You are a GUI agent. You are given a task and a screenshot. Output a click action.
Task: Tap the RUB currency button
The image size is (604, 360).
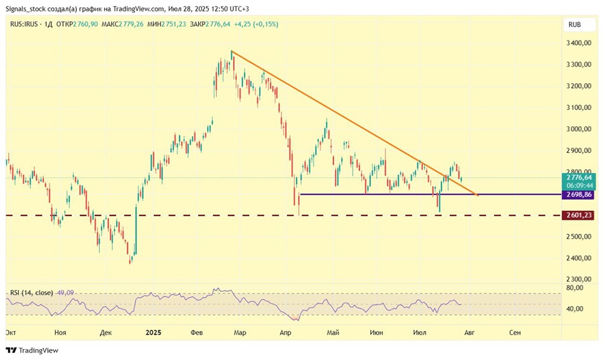(575, 25)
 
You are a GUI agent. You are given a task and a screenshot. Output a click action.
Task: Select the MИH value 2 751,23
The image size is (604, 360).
(204, 24)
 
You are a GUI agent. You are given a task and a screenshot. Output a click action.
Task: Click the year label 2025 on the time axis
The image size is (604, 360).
(153, 332)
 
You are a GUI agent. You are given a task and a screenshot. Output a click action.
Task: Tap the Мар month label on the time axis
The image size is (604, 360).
(240, 332)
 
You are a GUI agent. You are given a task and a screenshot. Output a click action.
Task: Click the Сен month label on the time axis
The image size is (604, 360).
(515, 332)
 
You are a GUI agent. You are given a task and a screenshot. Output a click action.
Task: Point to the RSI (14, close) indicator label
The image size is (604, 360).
(32, 293)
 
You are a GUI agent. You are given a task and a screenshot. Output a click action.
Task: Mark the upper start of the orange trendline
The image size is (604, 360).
(231, 51)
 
